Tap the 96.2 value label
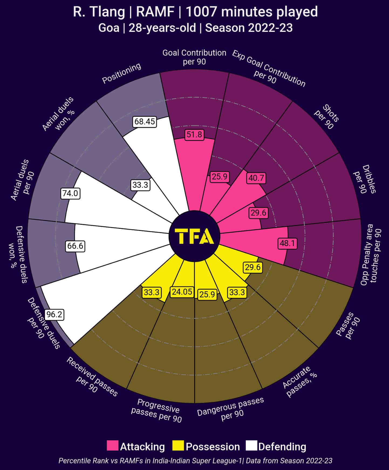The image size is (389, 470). [x=54, y=315]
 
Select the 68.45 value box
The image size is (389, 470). [x=145, y=121]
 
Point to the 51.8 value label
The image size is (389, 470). [x=194, y=134]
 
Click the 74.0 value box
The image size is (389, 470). [x=70, y=193]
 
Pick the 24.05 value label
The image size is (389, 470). [x=182, y=292]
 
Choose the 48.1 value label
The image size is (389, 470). [x=288, y=243]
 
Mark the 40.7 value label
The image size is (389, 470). [x=256, y=178]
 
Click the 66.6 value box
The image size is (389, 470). [x=76, y=246]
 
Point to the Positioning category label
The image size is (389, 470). [x=122, y=73]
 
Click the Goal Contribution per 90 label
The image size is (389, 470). [x=194, y=57]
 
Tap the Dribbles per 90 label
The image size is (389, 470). [x=364, y=179]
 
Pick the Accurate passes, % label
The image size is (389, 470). [x=299, y=381]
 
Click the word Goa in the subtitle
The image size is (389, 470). [x=109, y=28]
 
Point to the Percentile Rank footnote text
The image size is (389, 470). [x=195, y=461]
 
